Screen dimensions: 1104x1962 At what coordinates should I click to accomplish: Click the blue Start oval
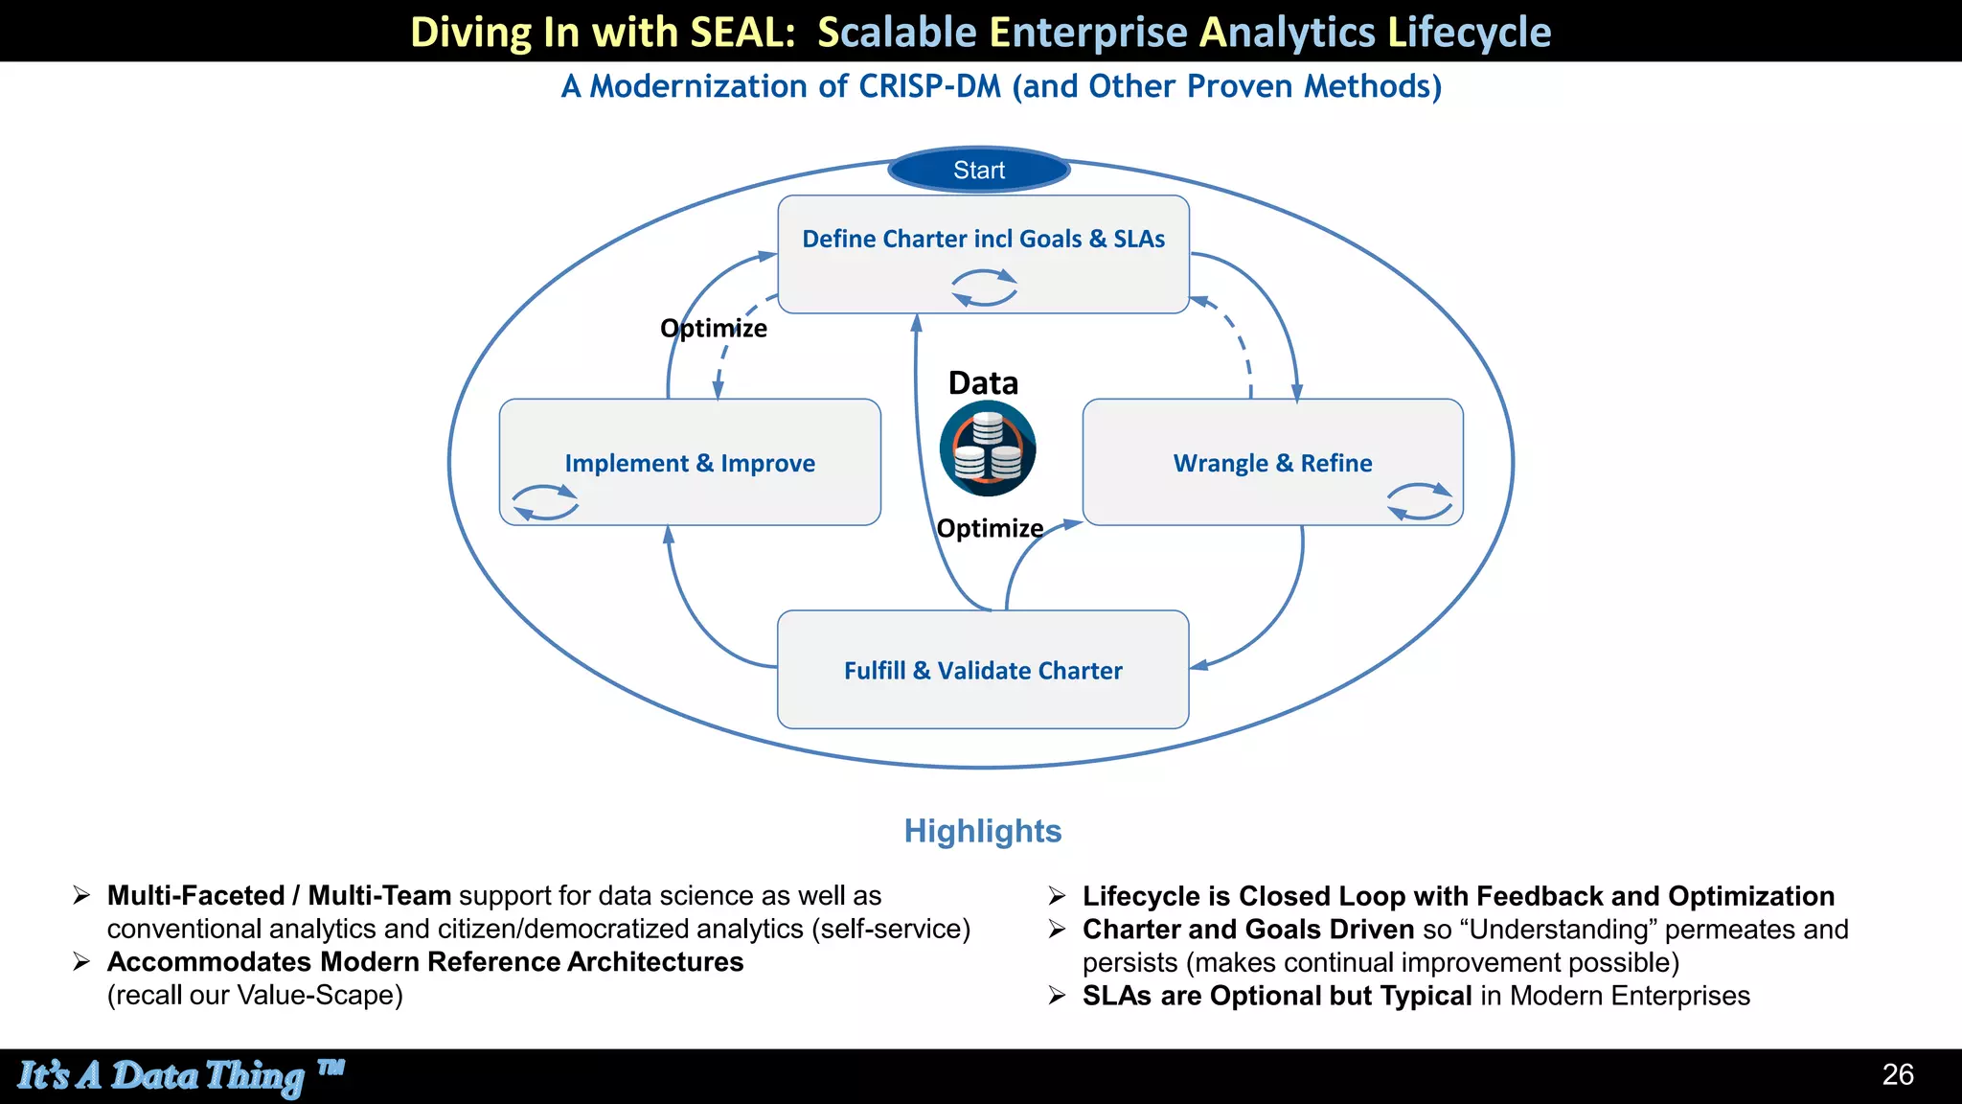coord(978,171)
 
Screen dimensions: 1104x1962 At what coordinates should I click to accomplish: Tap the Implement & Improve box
coord(690,463)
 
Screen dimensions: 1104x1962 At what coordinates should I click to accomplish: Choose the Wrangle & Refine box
coord(1272,463)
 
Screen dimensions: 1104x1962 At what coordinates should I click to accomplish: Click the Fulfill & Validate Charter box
coord(983,670)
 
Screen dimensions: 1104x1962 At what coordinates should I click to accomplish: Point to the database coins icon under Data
coord(988,448)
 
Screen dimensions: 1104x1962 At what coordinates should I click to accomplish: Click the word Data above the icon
coord(983,383)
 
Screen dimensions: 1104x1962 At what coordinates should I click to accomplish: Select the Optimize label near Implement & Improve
coord(714,329)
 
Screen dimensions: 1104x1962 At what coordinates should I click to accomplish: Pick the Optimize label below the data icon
coord(990,528)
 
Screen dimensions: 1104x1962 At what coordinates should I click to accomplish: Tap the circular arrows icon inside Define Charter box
coord(984,287)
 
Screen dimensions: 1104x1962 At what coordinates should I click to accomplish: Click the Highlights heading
coord(983,831)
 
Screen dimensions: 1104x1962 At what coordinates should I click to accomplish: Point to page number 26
coord(1898,1074)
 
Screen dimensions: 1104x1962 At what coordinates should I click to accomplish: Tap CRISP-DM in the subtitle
coord(929,86)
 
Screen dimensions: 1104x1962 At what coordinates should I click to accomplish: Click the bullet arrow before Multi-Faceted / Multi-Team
coord(82,895)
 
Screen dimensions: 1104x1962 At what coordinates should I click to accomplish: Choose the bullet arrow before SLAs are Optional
coord(1057,996)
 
